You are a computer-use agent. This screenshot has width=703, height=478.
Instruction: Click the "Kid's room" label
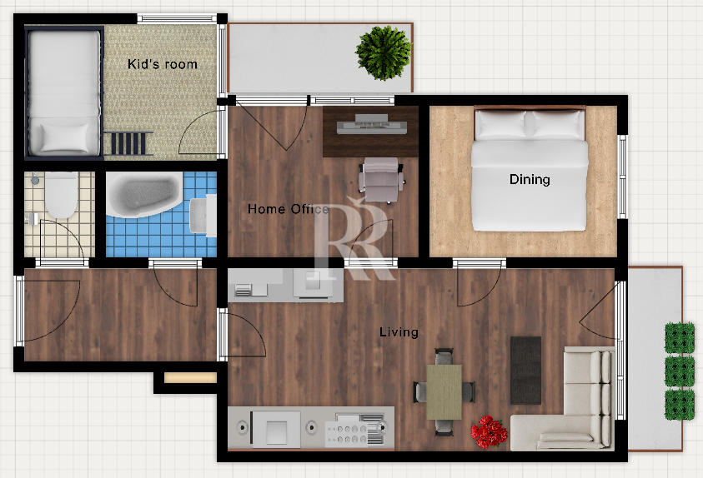click(x=163, y=64)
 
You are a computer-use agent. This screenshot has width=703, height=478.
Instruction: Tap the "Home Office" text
click(x=289, y=209)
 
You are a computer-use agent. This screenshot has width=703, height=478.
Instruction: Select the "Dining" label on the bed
click(x=530, y=180)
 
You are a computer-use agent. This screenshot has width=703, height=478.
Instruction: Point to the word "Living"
click(x=399, y=331)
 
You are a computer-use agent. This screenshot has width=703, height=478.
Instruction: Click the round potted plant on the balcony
click(x=384, y=52)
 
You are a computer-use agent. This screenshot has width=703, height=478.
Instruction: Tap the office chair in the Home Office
click(x=381, y=180)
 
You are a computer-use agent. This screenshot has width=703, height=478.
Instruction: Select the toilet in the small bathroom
click(x=61, y=195)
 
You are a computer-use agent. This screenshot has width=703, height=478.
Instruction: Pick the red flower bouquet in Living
click(x=489, y=431)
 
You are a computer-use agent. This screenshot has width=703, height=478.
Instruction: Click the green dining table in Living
click(x=444, y=392)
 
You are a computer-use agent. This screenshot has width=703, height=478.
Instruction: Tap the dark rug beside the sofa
click(x=525, y=370)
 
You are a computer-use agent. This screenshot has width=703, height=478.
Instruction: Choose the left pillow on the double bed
click(x=501, y=124)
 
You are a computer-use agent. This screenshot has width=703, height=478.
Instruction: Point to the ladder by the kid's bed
click(x=128, y=143)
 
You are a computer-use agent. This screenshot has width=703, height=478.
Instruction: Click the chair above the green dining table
click(x=444, y=356)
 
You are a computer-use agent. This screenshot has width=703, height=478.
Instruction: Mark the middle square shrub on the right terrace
click(x=680, y=371)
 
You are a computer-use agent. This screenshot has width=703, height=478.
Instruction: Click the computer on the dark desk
click(x=372, y=124)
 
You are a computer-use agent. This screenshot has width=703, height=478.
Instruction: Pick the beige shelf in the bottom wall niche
click(x=190, y=378)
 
